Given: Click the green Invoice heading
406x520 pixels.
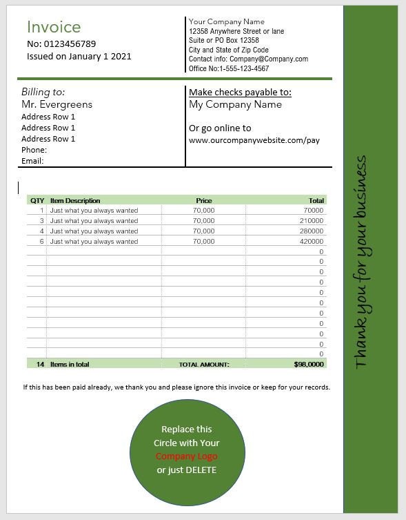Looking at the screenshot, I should (x=54, y=27).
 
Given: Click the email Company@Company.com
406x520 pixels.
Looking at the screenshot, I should (x=268, y=59).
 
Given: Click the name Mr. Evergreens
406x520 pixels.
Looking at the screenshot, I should (x=57, y=104).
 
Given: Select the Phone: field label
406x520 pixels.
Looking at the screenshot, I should (x=34, y=150).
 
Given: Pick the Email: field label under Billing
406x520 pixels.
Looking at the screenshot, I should (x=32, y=161).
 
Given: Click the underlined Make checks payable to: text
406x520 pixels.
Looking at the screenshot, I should (x=240, y=93).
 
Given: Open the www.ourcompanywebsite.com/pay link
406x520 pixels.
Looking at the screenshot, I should (x=254, y=140).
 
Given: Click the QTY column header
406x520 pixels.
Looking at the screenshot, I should (x=37, y=201).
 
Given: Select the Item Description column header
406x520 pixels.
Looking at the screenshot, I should (x=75, y=201).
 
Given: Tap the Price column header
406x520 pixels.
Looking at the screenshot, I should (x=203, y=201).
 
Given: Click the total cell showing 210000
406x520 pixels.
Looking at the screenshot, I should (x=311, y=221).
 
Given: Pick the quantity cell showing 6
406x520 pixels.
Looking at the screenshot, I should (x=41, y=242).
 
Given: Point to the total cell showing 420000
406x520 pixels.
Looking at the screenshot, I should (x=311, y=242).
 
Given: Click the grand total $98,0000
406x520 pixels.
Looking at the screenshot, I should (x=308, y=364).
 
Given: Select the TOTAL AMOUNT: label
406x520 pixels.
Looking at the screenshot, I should (x=204, y=364).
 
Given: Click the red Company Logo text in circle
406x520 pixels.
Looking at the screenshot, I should (x=186, y=456).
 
